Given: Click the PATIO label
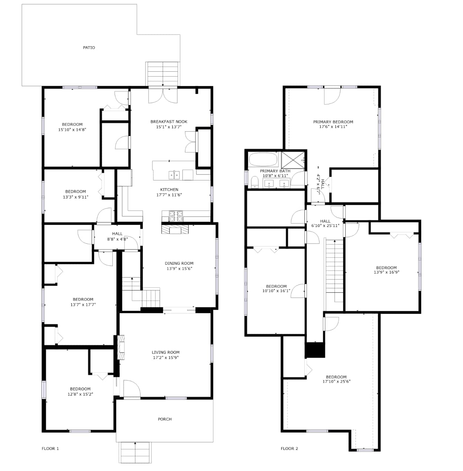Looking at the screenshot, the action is point(89,48).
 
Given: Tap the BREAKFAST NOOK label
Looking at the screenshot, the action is point(169,122).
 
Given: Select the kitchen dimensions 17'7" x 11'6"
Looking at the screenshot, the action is point(169,195).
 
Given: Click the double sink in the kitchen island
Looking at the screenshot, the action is point(174,175).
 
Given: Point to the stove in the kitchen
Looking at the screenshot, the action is point(176,216).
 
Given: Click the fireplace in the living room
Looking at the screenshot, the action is point(121,347).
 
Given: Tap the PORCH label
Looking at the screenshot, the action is point(165,419).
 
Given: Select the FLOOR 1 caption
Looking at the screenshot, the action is point(50,448).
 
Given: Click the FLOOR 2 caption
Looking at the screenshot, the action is point(289,448).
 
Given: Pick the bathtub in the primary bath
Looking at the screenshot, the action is point(263,160).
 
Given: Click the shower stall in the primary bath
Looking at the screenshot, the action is point(293,160).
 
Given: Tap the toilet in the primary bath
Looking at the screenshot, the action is point(255,182).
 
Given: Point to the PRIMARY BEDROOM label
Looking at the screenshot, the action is point(333,122).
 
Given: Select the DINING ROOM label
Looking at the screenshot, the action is point(179,263).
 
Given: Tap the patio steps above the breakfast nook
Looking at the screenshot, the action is point(163,74).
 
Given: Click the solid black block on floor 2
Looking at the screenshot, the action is point(315,350).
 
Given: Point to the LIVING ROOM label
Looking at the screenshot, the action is point(166,352).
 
